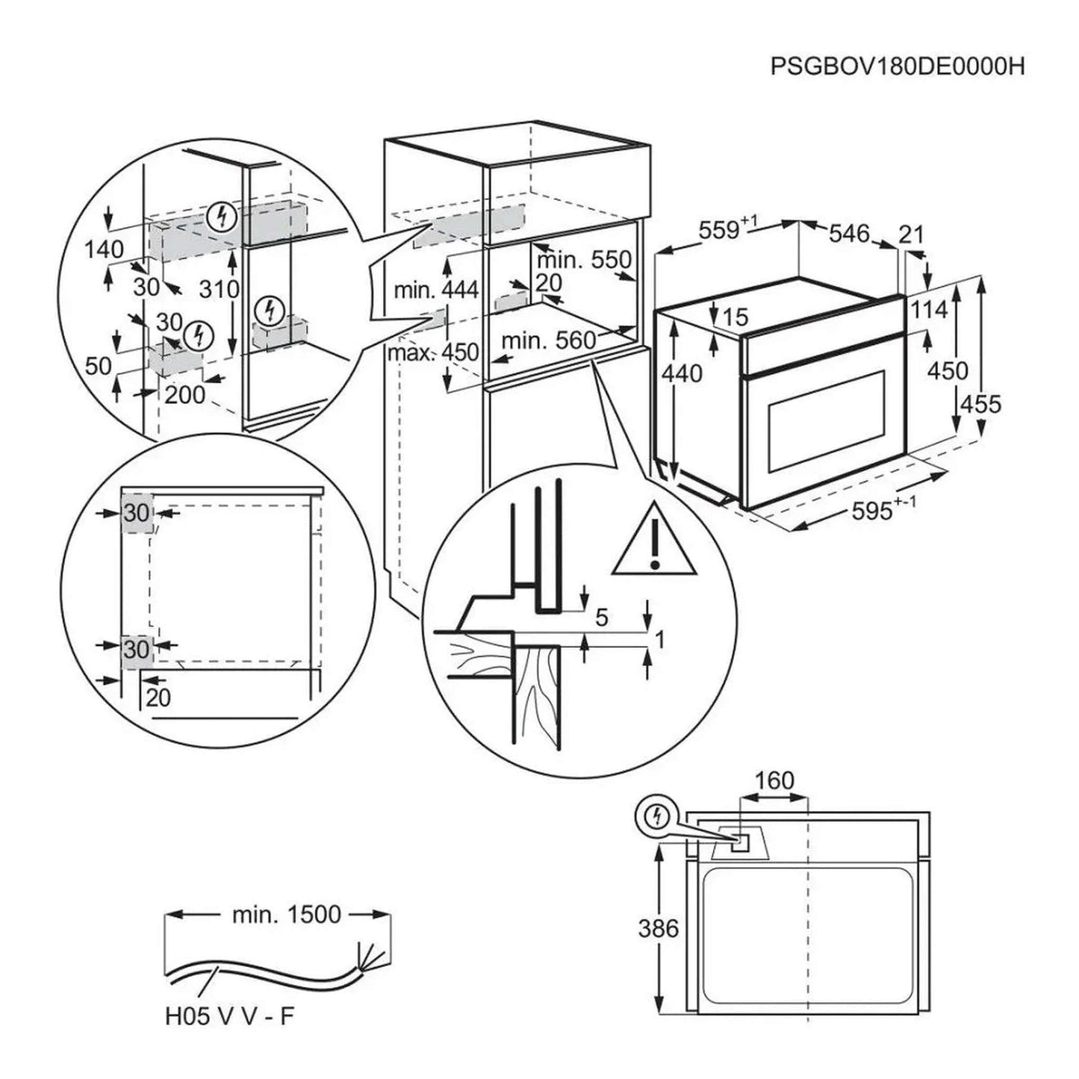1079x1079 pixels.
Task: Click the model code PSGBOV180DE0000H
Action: click(897, 67)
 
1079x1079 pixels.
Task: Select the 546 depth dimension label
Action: click(850, 234)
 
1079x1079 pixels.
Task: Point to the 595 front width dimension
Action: click(875, 511)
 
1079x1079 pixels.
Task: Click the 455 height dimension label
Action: click(980, 404)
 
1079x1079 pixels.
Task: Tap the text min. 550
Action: click(584, 260)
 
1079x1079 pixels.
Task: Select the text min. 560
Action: click(549, 342)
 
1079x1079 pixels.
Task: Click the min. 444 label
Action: click(436, 290)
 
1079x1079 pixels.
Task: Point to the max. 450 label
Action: click(433, 352)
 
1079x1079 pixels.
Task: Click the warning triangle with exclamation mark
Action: click(654, 540)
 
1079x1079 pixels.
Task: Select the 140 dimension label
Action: click(104, 249)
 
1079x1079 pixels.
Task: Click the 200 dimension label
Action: click(184, 394)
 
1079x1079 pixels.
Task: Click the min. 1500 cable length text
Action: click(286, 915)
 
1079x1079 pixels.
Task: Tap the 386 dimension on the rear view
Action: click(658, 928)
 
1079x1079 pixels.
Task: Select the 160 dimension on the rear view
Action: click(773, 781)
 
